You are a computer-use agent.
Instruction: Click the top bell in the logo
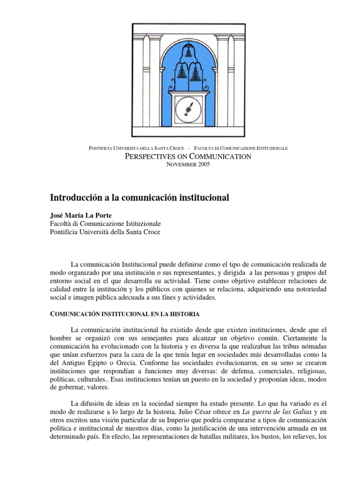pos(188,52)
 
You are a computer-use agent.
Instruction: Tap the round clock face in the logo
pos(188,111)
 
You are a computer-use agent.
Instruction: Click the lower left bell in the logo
pos(182,72)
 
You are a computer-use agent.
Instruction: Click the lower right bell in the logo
pos(195,74)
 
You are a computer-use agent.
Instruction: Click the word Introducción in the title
pos(78,198)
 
